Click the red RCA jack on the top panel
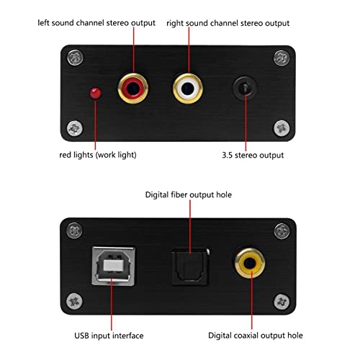click(133, 88)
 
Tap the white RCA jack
click(188, 89)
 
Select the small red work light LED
click(96, 93)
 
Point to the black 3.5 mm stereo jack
click(245, 88)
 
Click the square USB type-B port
click(113, 266)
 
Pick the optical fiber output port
click(190, 266)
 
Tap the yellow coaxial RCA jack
click(250, 264)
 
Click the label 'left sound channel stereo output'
click(96, 23)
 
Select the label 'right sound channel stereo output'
click(228, 23)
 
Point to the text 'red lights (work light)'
click(98, 155)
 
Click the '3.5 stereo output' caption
click(253, 155)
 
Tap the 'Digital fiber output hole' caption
click(189, 194)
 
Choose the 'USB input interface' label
click(109, 336)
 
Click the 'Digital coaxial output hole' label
click(256, 336)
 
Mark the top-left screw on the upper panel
click(75, 58)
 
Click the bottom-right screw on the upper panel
click(282, 128)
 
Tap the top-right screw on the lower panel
click(282, 231)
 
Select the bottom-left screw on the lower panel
click(74, 301)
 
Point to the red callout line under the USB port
click(112, 304)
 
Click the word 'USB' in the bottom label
click(81, 336)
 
